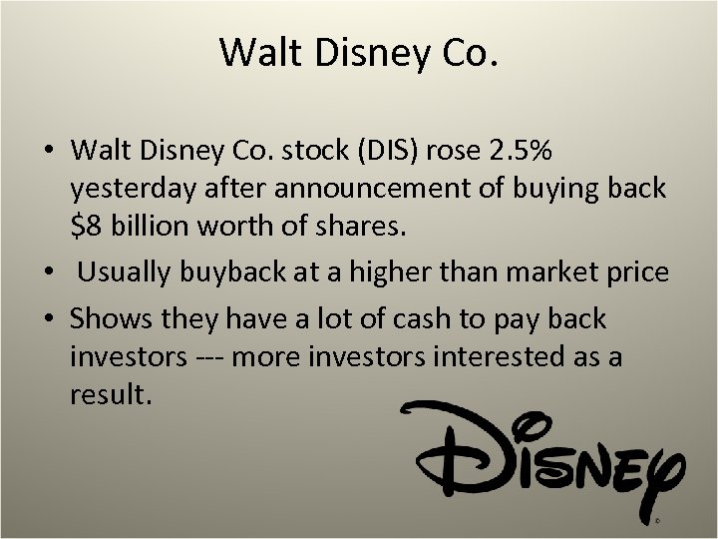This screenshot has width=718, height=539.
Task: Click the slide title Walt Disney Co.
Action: [x=358, y=52]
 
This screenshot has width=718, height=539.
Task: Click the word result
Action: [x=111, y=393]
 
